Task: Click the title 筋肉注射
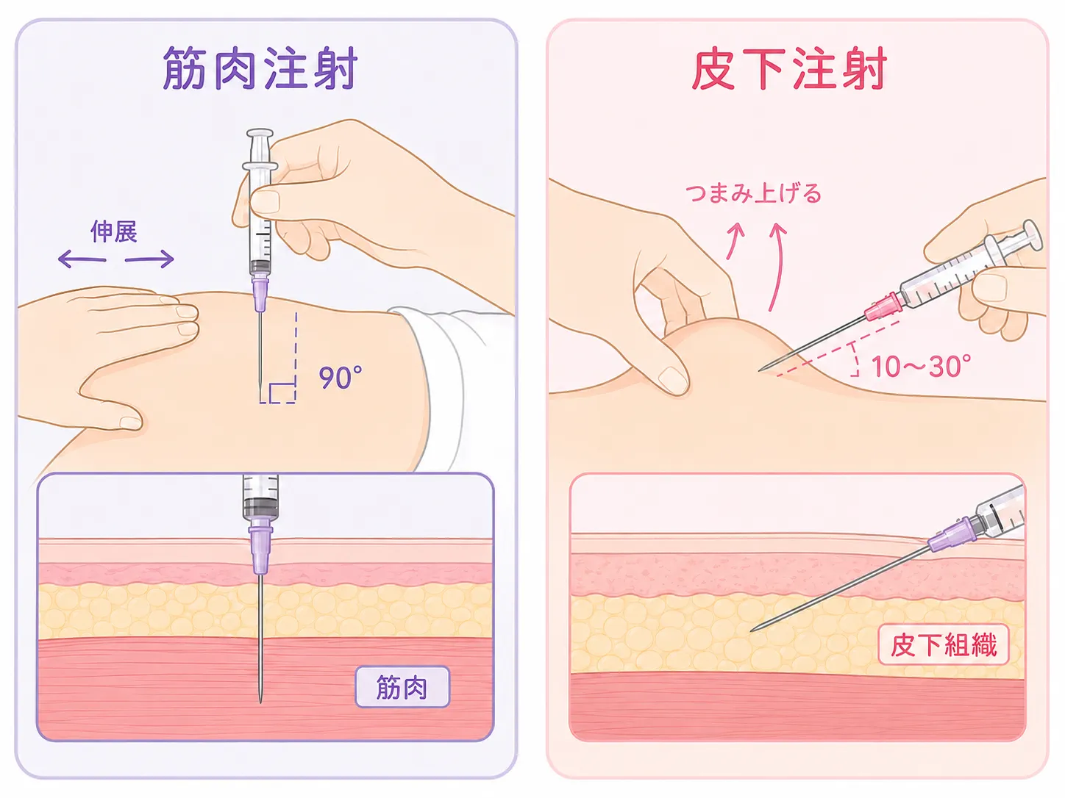click(x=260, y=69)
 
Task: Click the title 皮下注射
click(x=789, y=69)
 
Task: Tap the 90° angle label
click(x=340, y=378)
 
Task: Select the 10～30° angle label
click(x=922, y=366)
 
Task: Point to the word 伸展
click(x=114, y=231)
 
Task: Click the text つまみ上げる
click(x=753, y=193)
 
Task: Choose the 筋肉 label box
click(x=402, y=686)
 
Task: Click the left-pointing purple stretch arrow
click(x=82, y=259)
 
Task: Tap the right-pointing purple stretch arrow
click(x=149, y=259)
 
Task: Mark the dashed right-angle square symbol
click(x=282, y=393)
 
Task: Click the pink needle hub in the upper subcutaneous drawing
click(x=883, y=307)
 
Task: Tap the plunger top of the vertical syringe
click(x=260, y=133)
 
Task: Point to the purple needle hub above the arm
click(x=260, y=293)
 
